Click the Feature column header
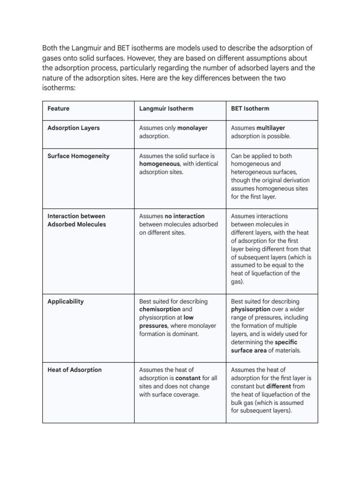pos(58,109)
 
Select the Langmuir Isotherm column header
pos(166,109)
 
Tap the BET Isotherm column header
pos(250,109)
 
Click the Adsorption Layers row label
pos(74,128)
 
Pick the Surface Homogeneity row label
pos(78,156)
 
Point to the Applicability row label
pos(66,301)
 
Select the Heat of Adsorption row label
pos(75,370)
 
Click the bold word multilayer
pos(270,128)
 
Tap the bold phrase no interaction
pos(185,216)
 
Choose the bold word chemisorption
pos(160,309)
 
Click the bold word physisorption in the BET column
pos(250,309)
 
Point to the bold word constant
pos(188,378)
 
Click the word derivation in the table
pos(295,180)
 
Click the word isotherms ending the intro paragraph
pos(58,88)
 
